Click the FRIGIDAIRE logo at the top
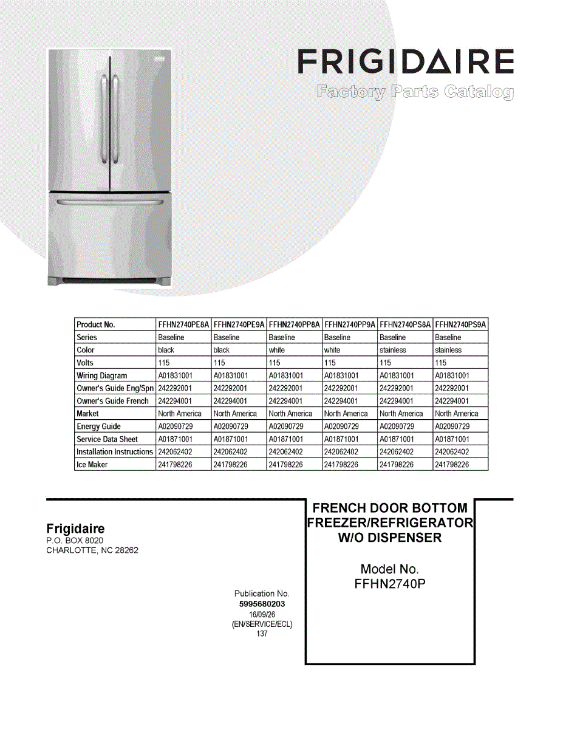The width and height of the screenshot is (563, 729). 405,63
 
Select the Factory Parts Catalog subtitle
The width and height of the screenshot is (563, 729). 415,92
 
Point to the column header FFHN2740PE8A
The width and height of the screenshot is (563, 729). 183,324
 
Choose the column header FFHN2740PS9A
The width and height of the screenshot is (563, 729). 461,324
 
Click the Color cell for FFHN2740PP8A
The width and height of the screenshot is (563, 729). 277,350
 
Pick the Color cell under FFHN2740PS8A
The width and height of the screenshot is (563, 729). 393,350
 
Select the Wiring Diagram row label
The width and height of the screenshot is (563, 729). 102,375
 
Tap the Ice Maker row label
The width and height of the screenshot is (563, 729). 92,465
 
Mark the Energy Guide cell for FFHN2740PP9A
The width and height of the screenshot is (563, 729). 341,426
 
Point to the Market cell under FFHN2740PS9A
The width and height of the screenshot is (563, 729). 457,414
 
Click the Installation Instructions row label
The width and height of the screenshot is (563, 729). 115,452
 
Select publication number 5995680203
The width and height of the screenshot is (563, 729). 262,604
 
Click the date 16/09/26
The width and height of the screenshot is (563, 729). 262,615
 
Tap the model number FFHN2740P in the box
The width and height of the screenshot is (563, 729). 389,584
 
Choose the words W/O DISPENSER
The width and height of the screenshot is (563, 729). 389,538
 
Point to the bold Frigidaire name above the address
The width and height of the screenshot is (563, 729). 76,529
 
